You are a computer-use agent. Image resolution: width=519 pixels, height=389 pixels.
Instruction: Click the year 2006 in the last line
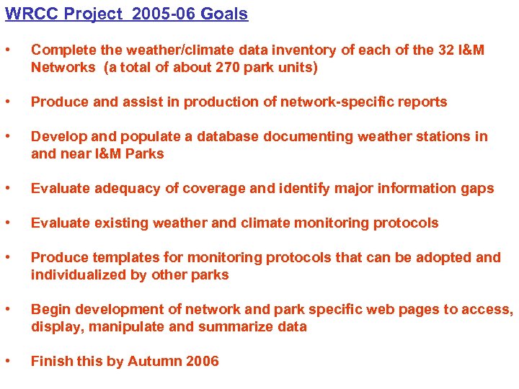pos(201,362)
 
